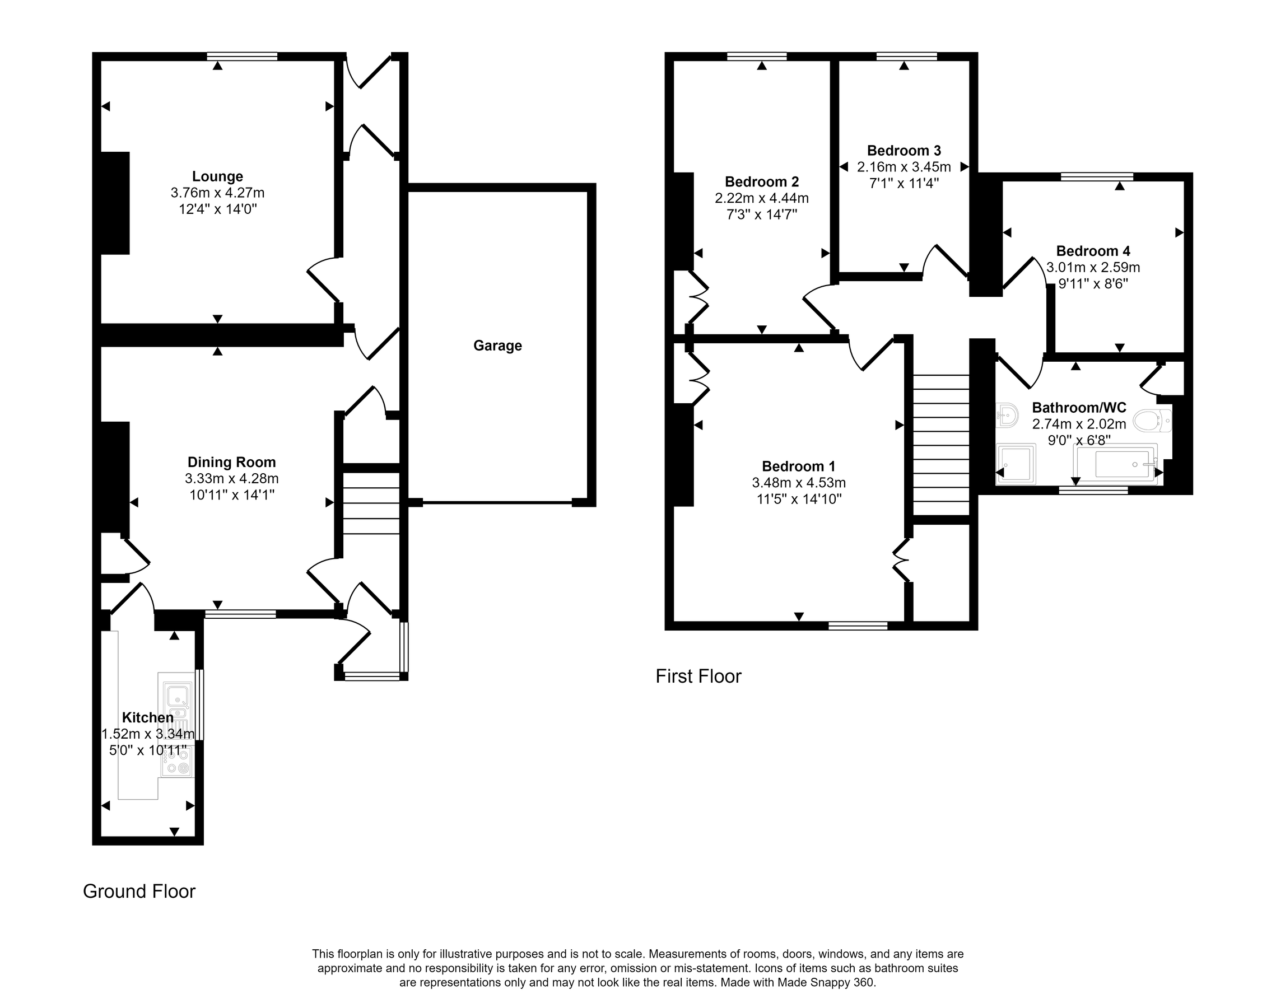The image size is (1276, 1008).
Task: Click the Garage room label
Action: (x=497, y=346)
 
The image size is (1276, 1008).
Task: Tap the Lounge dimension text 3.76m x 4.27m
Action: (x=217, y=193)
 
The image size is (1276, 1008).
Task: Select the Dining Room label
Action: (x=231, y=462)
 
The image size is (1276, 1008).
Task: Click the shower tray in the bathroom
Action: (x=1016, y=464)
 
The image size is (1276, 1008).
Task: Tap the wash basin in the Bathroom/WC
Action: (x=1008, y=416)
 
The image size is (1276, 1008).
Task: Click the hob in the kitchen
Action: (x=177, y=767)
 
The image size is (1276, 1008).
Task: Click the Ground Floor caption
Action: (x=139, y=891)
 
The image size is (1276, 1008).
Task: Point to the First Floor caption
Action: (x=698, y=676)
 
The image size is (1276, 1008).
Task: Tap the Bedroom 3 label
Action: (x=904, y=151)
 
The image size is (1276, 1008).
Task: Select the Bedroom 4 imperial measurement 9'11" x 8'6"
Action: (x=1093, y=284)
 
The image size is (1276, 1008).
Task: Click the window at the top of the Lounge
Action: (x=242, y=57)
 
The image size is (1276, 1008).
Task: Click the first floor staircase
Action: (x=941, y=446)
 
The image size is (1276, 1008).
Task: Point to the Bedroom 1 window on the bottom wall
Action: (x=858, y=626)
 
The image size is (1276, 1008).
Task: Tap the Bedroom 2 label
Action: (x=761, y=182)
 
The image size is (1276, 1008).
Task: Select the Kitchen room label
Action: (x=147, y=717)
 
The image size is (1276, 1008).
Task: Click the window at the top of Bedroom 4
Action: (x=1097, y=176)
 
